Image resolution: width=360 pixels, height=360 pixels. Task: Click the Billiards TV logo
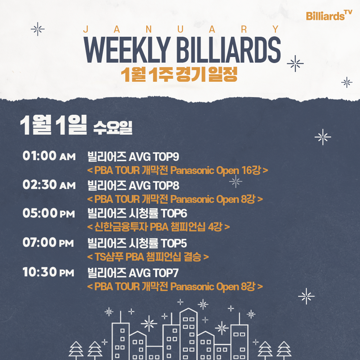click(329, 15)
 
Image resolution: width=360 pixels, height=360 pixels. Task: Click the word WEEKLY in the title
click(127, 50)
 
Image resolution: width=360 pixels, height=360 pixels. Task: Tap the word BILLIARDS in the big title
click(229, 50)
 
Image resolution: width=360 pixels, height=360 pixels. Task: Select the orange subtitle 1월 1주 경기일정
click(179, 74)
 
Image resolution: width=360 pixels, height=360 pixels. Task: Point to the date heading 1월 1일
click(54, 125)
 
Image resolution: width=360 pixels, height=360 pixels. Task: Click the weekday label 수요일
click(113, 127)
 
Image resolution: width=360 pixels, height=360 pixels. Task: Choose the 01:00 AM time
click(49, 156)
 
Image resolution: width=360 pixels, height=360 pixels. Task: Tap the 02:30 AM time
click(49, 184)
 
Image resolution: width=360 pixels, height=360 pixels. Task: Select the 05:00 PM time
click(49, 213)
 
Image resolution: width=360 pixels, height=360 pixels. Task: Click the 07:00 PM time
click(48, 243)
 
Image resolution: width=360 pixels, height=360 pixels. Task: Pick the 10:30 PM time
click(48, 272)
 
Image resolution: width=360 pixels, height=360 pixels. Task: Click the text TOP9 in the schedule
click(166, 157)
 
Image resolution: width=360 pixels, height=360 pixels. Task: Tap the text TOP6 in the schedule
click(174, 213)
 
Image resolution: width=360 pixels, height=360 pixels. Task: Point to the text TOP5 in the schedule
click(174, 243)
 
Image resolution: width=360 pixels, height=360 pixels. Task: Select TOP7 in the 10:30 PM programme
click(166, 273)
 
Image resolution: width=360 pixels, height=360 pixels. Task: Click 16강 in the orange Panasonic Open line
click(251, 170)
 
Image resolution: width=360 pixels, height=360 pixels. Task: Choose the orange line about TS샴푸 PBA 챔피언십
click(148, 257)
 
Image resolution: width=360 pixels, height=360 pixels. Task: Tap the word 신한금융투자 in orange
click(121, 227)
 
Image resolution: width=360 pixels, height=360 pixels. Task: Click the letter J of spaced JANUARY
click(86, 29)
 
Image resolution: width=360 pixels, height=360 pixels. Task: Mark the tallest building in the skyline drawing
click(189, 334)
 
